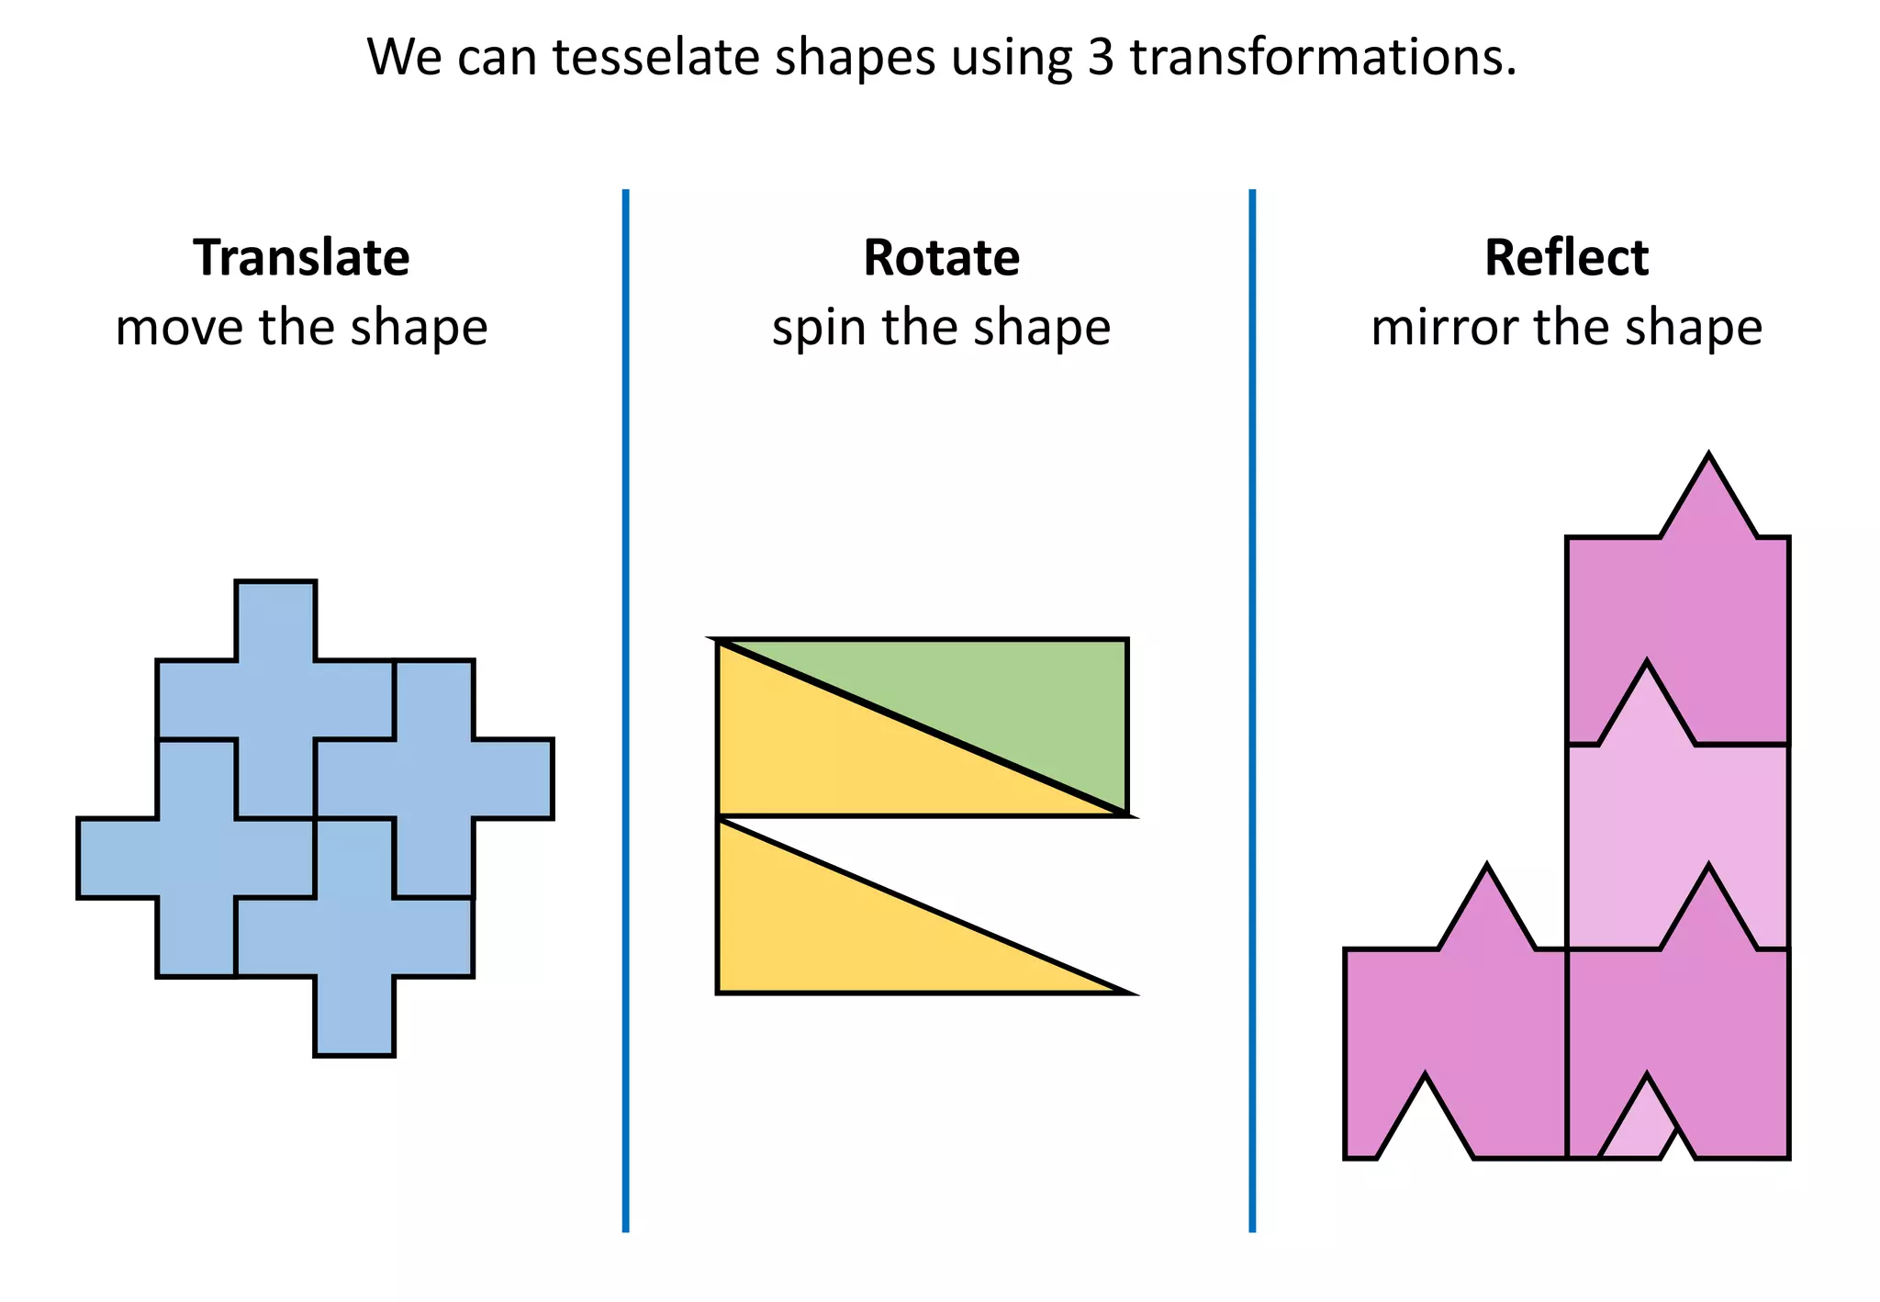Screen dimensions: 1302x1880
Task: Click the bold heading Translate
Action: click(x=301, y=258)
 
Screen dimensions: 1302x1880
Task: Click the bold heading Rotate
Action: click(x=941, y=258)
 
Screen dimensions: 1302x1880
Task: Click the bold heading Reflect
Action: click(x=1566, y=258)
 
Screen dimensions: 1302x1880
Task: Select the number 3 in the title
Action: click(x=1100, y=57)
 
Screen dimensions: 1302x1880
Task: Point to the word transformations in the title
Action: click(x=1322, y=57)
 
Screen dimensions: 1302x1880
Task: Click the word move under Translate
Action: click(x=179, y=328)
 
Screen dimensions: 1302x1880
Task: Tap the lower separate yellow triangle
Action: click(x=826, y=937)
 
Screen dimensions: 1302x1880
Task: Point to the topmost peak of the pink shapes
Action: click(x=1708, y=459)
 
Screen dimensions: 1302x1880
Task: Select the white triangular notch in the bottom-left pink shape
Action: click(x=1425, y=1129)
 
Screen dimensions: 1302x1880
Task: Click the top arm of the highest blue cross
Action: click(x=275, y=620)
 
